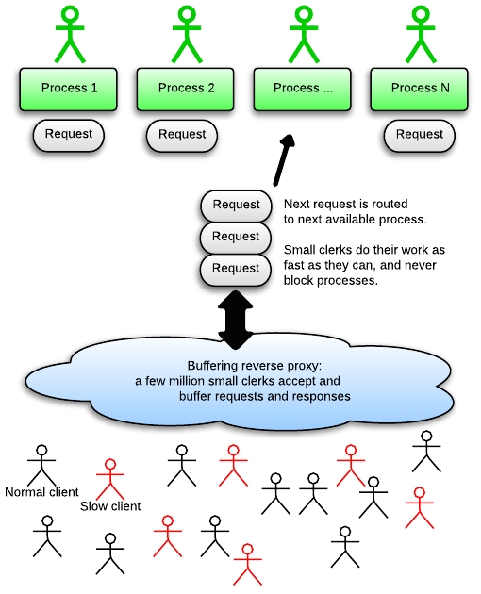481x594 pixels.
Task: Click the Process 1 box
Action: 68,90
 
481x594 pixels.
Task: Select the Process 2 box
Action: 186,90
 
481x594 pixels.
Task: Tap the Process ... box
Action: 303,90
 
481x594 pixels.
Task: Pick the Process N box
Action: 419,90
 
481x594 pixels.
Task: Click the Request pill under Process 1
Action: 69,135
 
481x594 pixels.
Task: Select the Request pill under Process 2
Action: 182,136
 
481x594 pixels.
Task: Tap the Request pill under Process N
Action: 419,136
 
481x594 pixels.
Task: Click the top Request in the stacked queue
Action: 236,206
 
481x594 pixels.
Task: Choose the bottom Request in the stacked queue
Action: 236,270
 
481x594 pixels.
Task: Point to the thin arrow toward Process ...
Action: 284,160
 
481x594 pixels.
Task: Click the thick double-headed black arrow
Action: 236,320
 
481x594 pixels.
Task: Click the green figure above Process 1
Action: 70,34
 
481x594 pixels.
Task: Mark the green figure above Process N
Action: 421,34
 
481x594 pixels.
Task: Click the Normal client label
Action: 41,492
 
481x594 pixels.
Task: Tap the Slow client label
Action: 110,506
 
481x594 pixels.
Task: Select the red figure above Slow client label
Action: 110,479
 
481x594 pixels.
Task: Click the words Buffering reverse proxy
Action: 254,366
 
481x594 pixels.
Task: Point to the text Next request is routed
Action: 346,204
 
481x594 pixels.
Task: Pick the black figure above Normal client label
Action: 41,465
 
